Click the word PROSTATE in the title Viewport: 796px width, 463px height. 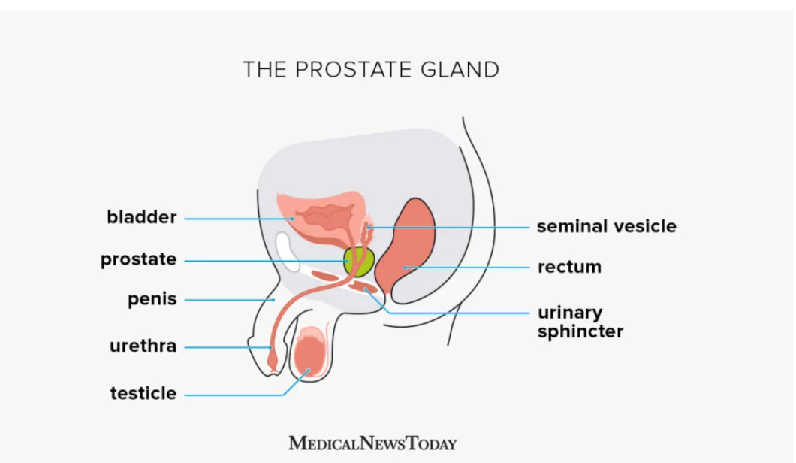pyautogui.click(x=354, y=70)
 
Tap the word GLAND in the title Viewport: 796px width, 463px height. pyautogui.click(x=460, y=70)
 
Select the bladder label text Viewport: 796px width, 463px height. pyautogui.click(x=142, y=217)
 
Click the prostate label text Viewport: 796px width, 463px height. pyautogui.click(x=139, y=259)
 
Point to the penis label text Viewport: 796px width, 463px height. pyautogui.click(x=152, y=299)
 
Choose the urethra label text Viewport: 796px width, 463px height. pyautogui.click(x=143, y=346)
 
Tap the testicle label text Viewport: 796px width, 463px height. pyautogui.click(x=143, y=393)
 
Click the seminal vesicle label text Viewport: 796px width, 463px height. pyautogui.click(x=607, y=226)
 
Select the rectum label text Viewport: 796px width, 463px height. pyautogui.click(x=569, y=267)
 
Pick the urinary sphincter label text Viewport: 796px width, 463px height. pyautogui.click(x=580, y=322)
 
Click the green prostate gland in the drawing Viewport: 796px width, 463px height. pyautogui.click(x=359, y=262)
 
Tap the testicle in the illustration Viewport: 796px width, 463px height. pyautogui.click(x=309, y=353)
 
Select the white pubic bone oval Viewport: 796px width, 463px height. pyautogui.click(x=288, y=251)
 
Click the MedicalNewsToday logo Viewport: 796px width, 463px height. pyautogui.click(x=372, y=443)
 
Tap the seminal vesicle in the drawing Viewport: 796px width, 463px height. pyautogui.click(x=367, y=228)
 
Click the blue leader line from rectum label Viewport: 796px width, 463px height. pyautogui.click(x=466, y=268)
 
